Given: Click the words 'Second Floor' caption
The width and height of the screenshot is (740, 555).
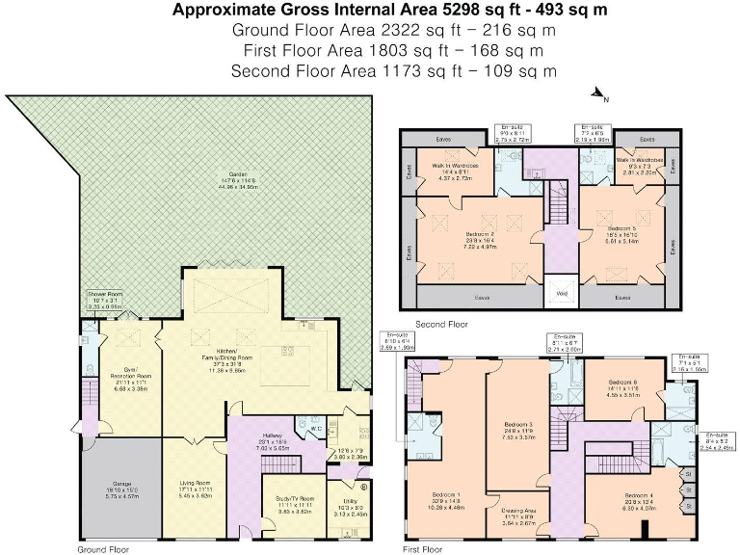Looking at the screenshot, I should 440,325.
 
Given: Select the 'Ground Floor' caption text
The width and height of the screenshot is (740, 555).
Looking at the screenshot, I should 102,548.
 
